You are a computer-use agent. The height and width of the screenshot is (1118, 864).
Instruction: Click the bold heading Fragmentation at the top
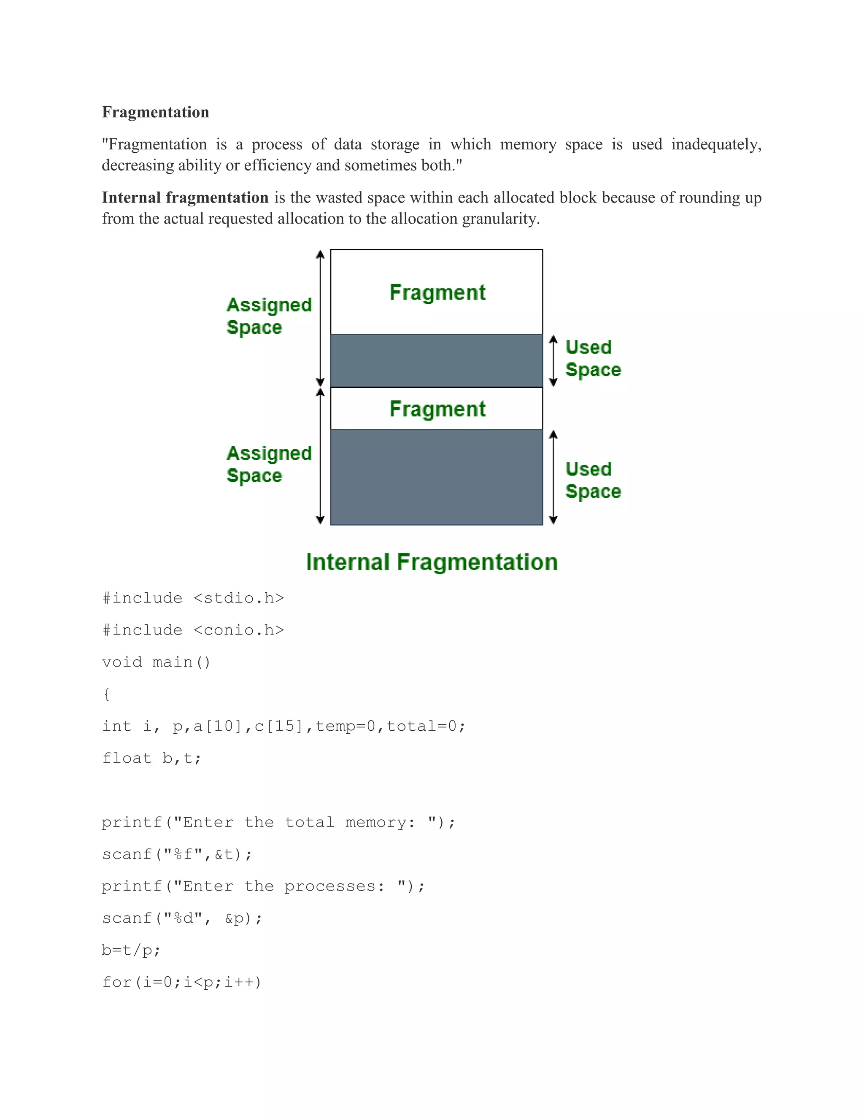pyautogui.click(x=156, y=112)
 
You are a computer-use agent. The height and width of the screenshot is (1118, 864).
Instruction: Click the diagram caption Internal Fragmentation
pyautogui.click(x=432, y=562)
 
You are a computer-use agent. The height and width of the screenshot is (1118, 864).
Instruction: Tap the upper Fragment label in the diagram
pyautogui.click(x=437, y=292)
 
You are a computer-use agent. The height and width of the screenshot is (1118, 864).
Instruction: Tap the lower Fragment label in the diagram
pyautogui.click(x=437, y=409)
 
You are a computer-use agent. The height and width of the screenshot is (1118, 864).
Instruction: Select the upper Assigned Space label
pyautogui.click(x=269, y=316)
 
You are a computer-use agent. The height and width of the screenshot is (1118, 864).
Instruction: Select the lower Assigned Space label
pyautogui.click(x=269, y=464)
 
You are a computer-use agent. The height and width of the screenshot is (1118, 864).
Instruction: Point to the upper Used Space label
pyautogui.click(x=593, y=358)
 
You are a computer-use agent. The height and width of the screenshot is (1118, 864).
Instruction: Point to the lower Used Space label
pyautogui.click(x=593, y=480)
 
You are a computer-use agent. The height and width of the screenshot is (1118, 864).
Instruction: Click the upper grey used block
pyautogui.click(x=436, y=360)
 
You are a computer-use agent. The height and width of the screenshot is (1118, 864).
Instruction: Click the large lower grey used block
pyautogui.click(x=436, y=477)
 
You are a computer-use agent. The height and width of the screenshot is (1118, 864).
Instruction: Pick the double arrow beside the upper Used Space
pyautogui.click(x=553, y=360)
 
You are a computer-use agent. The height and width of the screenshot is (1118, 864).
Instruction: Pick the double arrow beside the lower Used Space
pyautogui.click(x=553, y=477)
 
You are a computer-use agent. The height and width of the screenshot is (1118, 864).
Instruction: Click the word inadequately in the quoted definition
pyautogui.click(x=715, y=144)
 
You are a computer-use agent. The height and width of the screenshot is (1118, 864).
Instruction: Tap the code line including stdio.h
pyautogui.click(x=193, y=598)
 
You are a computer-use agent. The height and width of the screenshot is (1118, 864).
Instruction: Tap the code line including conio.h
pyautogui.click(x=193, y=630)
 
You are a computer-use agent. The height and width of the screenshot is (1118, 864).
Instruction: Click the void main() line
pyautogui.click(x=156, y=662)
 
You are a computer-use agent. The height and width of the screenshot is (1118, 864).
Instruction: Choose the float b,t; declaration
pyautogui.click(x=151, y=758)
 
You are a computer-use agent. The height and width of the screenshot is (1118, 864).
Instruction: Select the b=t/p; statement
pyautogui.click(x=131, y=950)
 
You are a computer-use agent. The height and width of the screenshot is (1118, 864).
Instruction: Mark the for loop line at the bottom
pyautogui.click(x=182, y=982)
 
